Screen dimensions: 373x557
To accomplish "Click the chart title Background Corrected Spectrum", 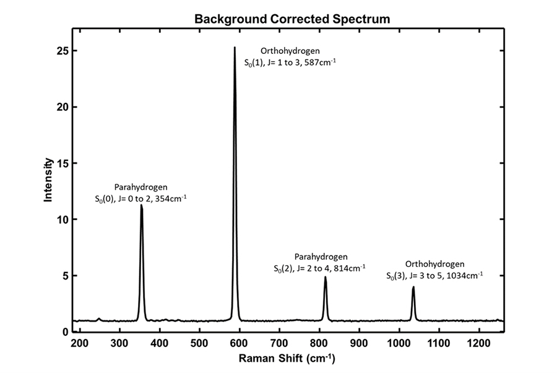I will (x=293, y=19).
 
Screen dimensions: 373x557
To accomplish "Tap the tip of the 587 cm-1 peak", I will (x=235, y=47).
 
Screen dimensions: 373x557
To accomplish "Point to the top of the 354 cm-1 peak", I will (x=142, y=205).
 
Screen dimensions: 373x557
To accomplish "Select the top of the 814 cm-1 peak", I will (x=325, y=277).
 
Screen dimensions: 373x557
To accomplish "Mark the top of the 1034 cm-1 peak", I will (x=413, y=287).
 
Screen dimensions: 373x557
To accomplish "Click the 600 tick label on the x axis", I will (x=239, y=342).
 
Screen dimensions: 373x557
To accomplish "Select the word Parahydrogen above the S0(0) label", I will (x=140, y=186).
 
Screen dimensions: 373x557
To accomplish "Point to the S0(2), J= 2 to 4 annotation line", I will (x=319, y=268).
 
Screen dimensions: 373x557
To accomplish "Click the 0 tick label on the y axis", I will (x=64, y=332).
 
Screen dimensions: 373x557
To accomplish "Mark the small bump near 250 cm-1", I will (x=98, y=318).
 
